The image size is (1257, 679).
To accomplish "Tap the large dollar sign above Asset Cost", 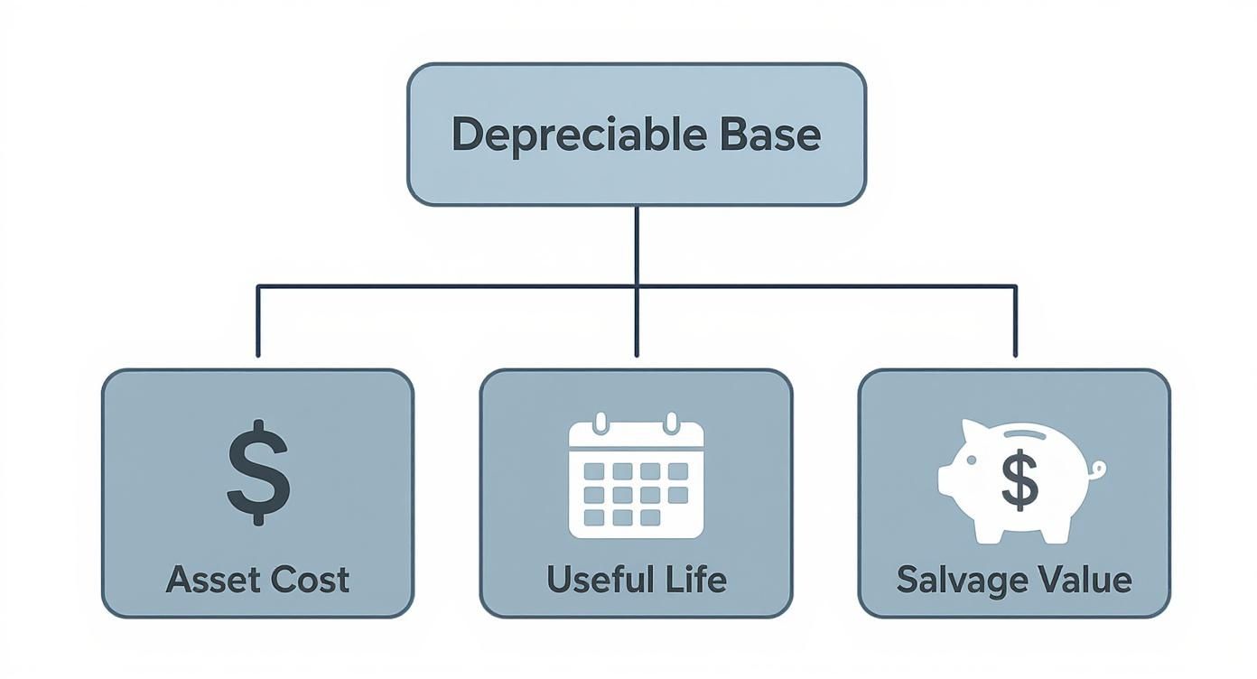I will click(x=258, y=472).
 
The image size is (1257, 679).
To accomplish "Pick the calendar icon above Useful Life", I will click(x=636, y=476).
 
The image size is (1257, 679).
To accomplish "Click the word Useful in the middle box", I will click(x=594, y=579).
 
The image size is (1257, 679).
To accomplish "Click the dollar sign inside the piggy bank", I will click(x=1020, y=480).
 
